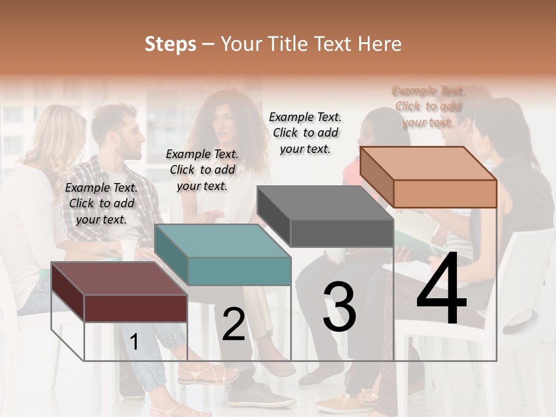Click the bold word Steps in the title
pos(170,44)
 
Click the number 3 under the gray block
pos(339,307)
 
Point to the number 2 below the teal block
pos(233,324)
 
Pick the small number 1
pos(134,342)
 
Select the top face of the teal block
pos(223,241)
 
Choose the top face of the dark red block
pos(119,279)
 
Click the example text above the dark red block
pos(101,203)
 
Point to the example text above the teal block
pos(202,170)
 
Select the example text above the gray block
pos(305,133)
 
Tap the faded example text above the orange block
pos(428,107)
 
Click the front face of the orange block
pos(445,193)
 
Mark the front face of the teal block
pos(239,271)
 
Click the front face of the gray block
pos(342,233)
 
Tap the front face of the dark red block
pos(136,308)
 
